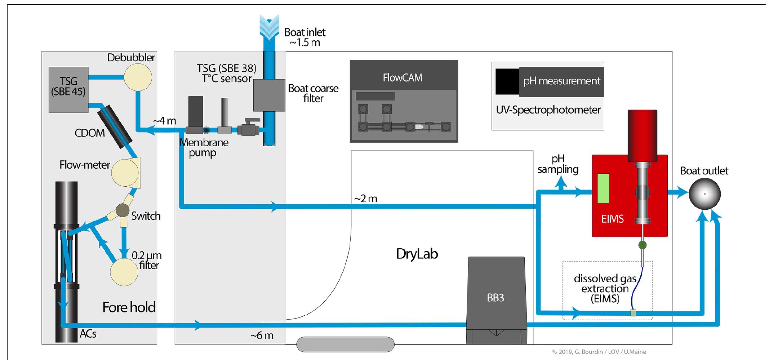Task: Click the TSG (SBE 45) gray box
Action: pos(68,89)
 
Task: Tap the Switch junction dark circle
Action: pos(122,210)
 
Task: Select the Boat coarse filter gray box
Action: pos(269,95)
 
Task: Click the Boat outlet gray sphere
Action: pos(704,194)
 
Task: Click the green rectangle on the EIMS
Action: pos(603,188)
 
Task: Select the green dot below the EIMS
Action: pos(642,245)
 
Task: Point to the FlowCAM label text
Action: pos(403,78)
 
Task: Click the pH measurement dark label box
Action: pos(561,81)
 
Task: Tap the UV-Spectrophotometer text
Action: pos(548,110)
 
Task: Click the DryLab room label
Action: pos(417,254)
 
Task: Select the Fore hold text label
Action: pos(129,307)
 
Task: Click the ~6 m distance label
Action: pos(262,335)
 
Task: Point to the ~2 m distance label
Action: pos(366,199)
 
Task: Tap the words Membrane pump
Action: pos(204,147)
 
